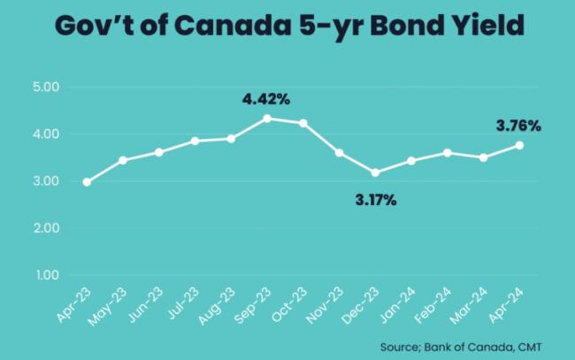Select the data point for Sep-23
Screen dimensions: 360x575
tap(267, 119)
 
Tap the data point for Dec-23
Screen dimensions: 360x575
tap(375, 172)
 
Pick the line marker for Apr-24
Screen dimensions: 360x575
tap(519, 145)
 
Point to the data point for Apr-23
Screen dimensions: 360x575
tap(87, 182)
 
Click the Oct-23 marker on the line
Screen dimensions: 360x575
tap(303, 123)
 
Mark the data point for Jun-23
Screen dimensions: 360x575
tap(159, 152)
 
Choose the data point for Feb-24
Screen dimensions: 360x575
tap(448, 153)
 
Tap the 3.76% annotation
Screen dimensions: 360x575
tap(517, 126)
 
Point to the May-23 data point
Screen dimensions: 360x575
tap(123, 160)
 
